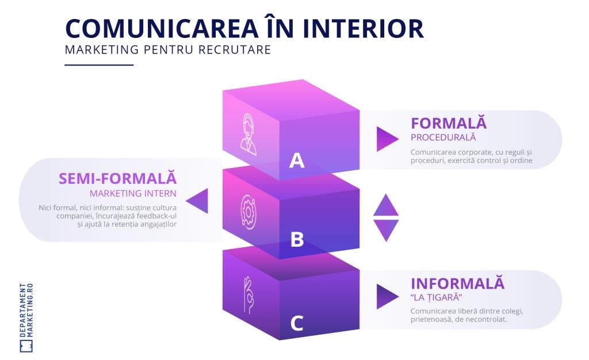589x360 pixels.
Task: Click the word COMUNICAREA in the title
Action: (162, 29)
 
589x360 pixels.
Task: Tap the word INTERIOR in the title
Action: (363, 29)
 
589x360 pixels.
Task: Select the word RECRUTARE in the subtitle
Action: (235, 49)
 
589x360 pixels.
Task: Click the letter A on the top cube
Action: (297, 160)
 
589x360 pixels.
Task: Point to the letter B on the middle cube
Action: (297, 239)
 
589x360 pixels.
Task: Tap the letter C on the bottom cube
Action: (297, 323)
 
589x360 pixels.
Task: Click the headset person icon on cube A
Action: (248, 135)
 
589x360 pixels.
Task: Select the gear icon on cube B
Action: (248, 212)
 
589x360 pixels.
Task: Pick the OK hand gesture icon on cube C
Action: (248, 294)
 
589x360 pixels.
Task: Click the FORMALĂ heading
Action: (449, 123)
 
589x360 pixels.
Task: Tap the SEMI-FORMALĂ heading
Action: (117, 178)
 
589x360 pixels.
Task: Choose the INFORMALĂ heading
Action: (457, 283)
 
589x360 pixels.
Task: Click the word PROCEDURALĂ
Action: (443, 137)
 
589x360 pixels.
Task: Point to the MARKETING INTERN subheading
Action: (133, 193)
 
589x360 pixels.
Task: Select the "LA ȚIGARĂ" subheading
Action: (436, 297)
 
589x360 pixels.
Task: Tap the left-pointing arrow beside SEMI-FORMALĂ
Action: (198, 201)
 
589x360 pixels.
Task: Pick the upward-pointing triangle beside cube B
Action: (386, 206)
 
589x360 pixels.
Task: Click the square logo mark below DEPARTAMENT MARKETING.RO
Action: (26, 347)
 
